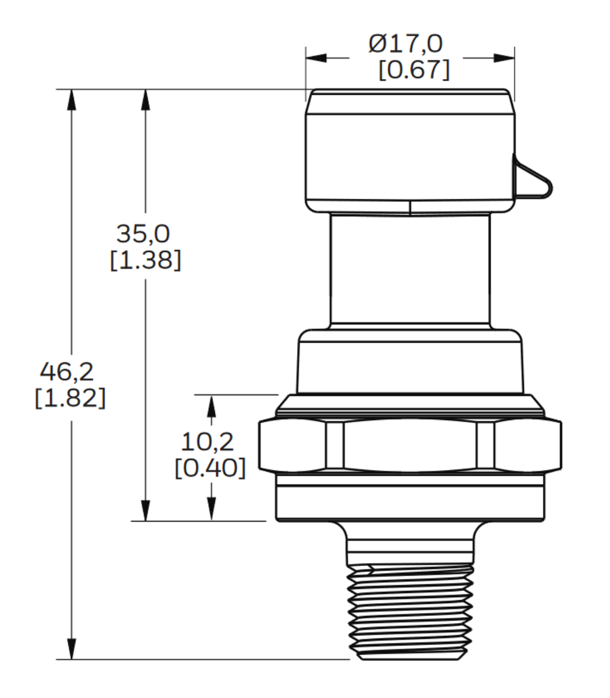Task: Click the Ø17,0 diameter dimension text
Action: coord(405,44)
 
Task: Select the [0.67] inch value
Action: coord(413,70)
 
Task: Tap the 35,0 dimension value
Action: coord(143,234)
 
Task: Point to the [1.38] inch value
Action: coord(145,259)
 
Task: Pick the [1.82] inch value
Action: coord(70,398)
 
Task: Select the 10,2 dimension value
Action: coord(208,442)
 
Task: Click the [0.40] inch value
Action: coord(210,468)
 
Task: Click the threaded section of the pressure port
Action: coord(410,611)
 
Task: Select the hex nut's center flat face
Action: coord(410,445)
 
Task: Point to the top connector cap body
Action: coord(410,151)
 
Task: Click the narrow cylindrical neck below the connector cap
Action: coord(410,270)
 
